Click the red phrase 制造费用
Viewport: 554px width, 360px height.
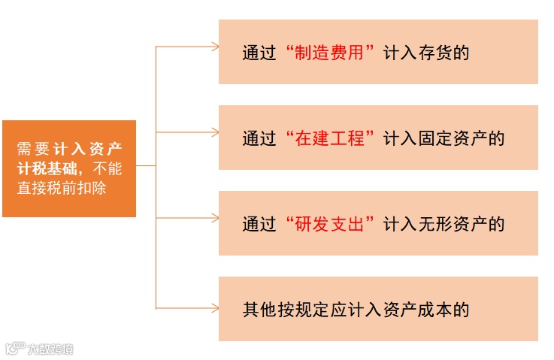point(331,53)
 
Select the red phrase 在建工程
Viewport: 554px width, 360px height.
point(331,139)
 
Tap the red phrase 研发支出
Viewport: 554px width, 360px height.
point(331,224)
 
